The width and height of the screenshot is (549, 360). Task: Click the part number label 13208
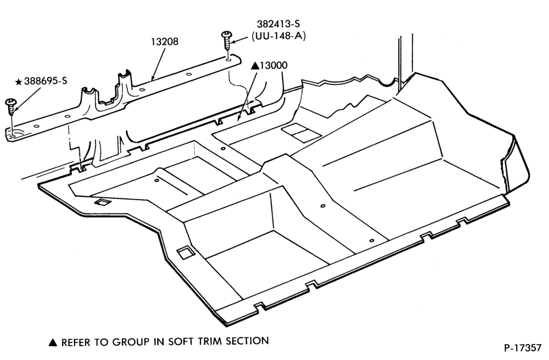coord(165,42)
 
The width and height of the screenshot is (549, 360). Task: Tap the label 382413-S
coord(278,24)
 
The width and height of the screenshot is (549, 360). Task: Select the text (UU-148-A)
coord(278,36)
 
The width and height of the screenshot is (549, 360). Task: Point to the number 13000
coord(273,65)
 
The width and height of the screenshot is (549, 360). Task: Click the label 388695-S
coord(46,81)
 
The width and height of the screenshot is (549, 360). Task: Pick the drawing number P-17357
coord(523,348)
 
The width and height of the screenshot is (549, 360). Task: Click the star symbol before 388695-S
coord(19,82)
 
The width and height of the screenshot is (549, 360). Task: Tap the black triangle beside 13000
coord(255,65)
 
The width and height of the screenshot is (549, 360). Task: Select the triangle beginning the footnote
coord(53,342)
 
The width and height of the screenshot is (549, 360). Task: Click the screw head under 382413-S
coord(226,34)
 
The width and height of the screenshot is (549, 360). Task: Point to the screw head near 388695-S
coord(11,102)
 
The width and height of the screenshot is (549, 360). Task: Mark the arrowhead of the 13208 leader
coord(153,78)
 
